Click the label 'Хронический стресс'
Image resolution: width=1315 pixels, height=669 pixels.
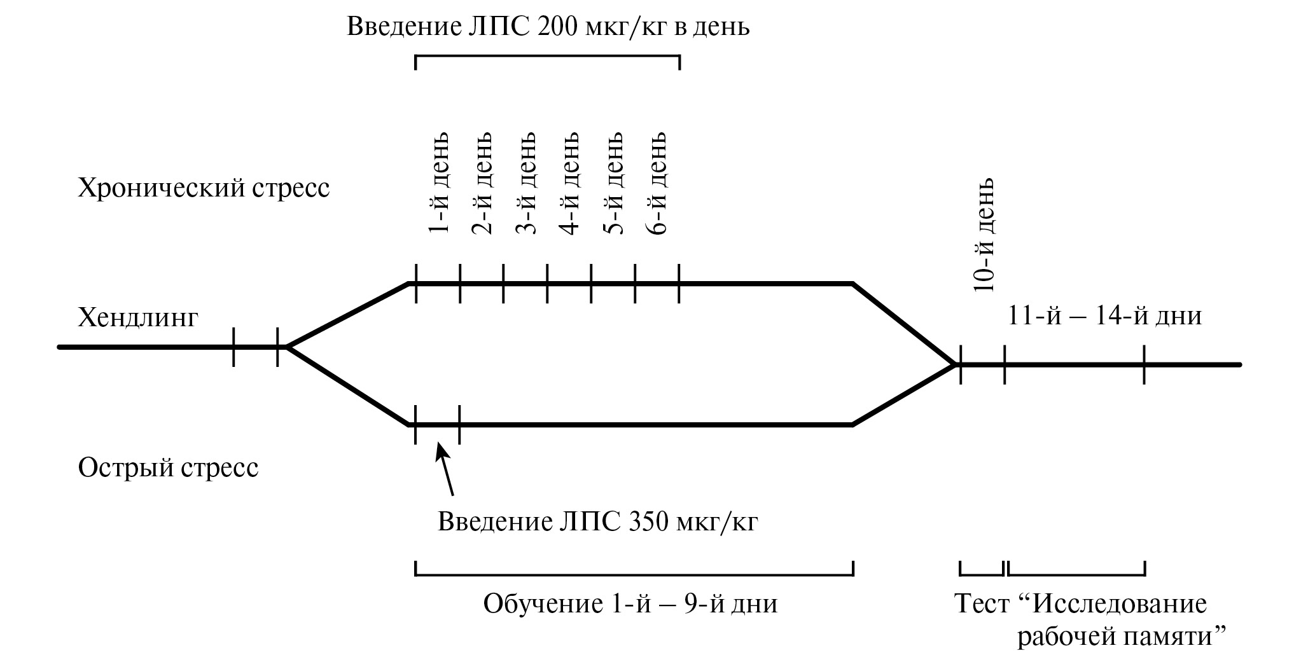coord(204,189)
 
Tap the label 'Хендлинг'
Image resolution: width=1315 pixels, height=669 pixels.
coord(138,317)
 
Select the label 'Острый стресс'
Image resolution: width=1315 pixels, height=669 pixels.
coord(168,469)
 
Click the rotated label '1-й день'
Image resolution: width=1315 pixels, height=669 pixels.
coord(438,183)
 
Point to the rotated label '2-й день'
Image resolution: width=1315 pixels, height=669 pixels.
coord(482,183)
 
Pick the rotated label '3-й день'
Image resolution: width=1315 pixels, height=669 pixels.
coord(525,183)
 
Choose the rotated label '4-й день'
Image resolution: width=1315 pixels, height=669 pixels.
coord(569,183)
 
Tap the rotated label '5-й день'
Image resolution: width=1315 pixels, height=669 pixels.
coord(613,183)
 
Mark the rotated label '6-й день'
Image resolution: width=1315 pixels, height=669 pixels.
coord(657,183)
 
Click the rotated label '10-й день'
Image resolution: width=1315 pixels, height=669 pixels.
coord(984,234)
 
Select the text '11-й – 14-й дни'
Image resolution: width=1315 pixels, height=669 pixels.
coord(1104,316)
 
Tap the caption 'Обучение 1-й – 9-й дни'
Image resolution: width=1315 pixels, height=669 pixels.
coord(630,603)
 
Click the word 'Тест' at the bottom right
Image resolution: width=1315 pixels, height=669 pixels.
coord(982,603)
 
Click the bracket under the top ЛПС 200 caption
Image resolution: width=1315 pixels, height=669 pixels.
coord(547,57)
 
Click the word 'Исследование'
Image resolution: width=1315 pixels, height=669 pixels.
coord(1119,603)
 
